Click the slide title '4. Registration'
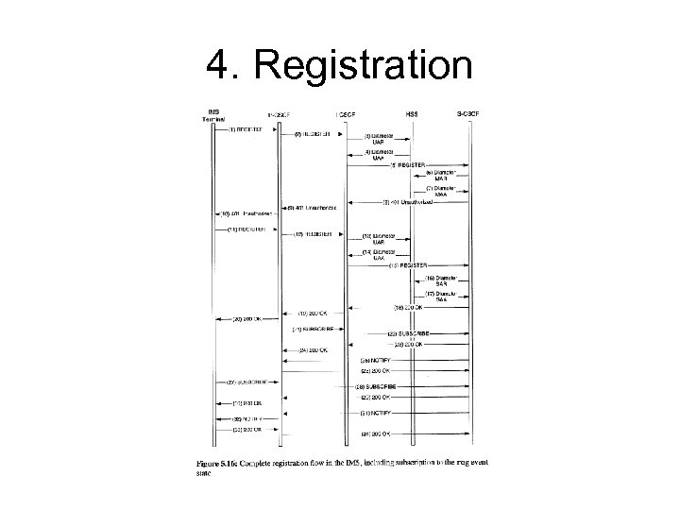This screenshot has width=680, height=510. coord(339,65)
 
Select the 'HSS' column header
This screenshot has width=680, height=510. coord(412,112)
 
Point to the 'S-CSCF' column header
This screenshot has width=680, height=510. coord(467,112)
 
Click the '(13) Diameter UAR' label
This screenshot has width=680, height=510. coord(381,238)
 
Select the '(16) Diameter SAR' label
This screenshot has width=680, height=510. coord(440,281)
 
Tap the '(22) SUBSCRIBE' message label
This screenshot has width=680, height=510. coord(410,333)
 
